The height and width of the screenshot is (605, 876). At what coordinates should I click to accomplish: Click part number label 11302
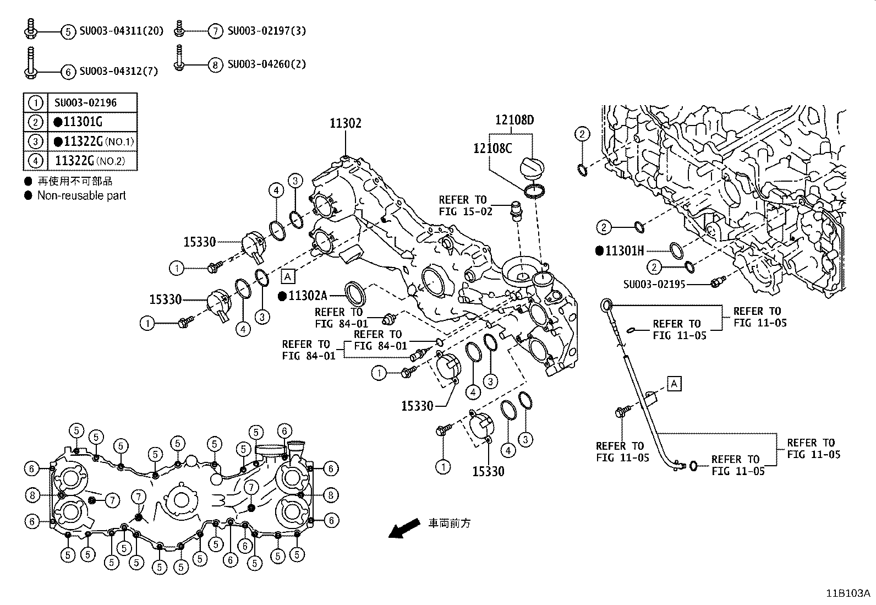(x=346, y=123)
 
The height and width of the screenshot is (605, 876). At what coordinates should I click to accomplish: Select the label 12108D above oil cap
(x=514, y=120)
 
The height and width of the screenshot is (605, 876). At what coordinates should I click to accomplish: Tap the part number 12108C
(x=492, y=148)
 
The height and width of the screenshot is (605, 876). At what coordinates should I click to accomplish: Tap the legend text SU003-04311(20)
(x=122, y=31)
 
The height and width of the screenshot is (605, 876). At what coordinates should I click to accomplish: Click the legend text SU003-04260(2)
(x=266, y=64)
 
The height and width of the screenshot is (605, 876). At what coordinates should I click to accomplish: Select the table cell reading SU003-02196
(x=85, y=103)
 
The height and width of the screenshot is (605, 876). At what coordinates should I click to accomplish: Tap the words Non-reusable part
(x=81, y=195)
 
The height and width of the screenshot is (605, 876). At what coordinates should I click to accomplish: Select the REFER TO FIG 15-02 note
(x=462, y=205)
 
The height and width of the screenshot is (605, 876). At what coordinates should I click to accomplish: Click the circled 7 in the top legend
(x=215, y=31)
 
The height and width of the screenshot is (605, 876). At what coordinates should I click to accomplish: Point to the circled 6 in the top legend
(x=67, y=72)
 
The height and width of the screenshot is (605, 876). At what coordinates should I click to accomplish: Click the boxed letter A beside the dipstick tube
(x=675, y=383)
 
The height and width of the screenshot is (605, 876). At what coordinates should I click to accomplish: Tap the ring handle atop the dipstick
(x=605, y=304)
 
